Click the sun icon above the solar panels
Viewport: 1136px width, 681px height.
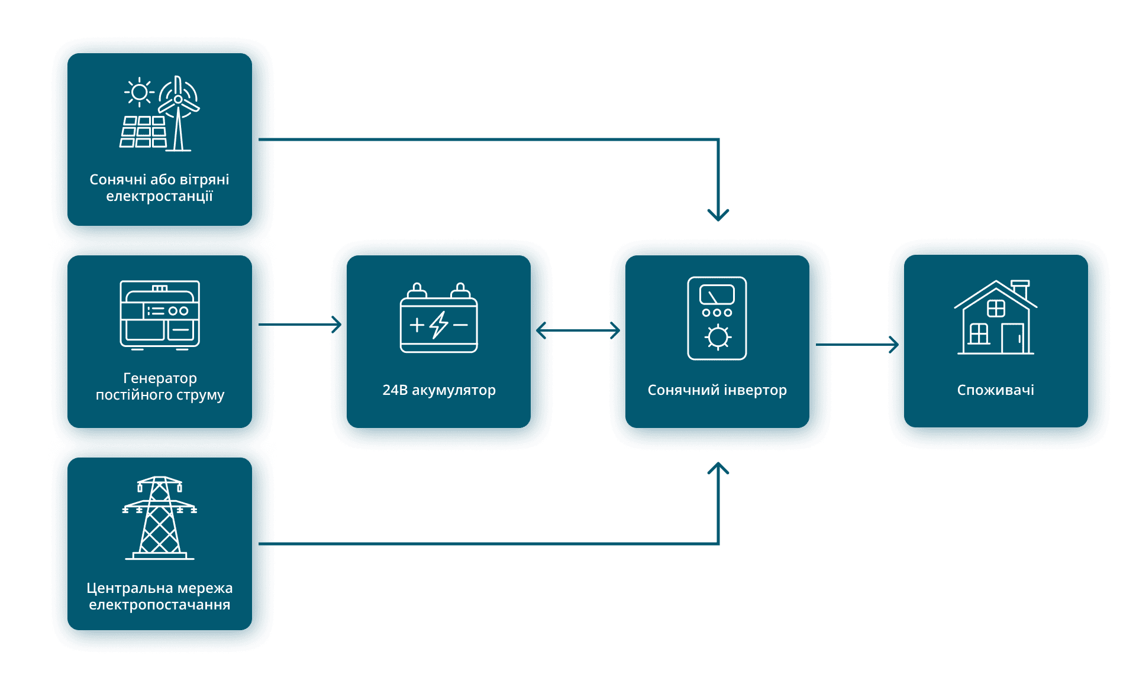(140, 92)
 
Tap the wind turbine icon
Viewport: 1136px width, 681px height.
(178, 112)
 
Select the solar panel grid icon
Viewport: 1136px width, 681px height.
(143, 131)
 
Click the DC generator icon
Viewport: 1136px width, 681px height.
(160, 315)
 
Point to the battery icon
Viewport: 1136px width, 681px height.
(439, 318)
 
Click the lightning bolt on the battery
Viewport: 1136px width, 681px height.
(439, 325)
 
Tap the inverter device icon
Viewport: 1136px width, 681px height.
(717, 318)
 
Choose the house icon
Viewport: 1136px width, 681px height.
(996, 317)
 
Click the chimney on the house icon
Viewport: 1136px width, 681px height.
(1021, 289)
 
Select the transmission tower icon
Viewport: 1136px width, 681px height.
(160, 518)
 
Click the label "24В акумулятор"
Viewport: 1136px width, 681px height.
(439, 390)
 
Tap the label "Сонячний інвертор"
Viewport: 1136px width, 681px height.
(717, 390)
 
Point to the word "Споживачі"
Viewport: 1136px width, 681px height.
(996, 390)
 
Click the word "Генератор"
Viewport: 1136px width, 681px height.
(160, 378)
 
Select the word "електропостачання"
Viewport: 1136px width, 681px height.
(160, 605)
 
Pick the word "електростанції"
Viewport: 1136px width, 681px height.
(160, 196)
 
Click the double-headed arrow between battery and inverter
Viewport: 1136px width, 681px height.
(578, 330)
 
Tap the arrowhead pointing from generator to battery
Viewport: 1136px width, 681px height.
(337, 325)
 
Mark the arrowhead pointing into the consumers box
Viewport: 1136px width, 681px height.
(894, 345)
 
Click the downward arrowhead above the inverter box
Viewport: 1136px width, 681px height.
(718, 215)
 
